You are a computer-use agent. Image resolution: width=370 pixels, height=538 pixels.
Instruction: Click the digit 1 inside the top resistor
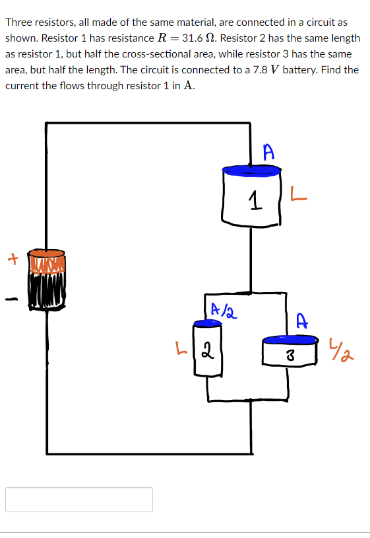coord(253,200)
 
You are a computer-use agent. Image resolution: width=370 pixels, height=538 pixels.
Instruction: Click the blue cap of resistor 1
coord(251,171)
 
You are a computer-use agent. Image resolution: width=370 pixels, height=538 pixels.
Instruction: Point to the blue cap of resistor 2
coord(206,323)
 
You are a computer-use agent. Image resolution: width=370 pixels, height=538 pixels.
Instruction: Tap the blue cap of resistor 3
coord(289,340)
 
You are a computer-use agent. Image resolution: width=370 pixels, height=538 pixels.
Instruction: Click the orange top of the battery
coord(46,254)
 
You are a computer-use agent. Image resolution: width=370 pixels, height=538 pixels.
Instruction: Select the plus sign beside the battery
coord(11,259)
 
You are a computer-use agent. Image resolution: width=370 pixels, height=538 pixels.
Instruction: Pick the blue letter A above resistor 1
coord(266,151)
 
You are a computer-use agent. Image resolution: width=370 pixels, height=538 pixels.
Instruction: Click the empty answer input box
coord(79,500)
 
